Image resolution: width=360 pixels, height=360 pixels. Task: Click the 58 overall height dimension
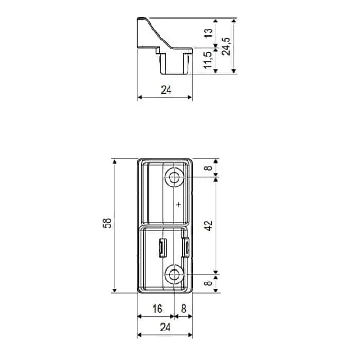[107, 224]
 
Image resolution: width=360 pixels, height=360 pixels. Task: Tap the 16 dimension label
[157, 309]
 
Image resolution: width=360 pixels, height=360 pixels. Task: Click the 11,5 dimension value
[208, 60]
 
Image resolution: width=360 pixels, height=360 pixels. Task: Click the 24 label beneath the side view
[165, 90]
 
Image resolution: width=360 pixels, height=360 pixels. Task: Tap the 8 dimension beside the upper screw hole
[208, 168]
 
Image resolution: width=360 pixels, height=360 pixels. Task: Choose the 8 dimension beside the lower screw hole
[208, 282]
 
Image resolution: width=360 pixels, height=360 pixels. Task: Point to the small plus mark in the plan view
[178, 205]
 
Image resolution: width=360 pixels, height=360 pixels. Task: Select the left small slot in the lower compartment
[162, 247]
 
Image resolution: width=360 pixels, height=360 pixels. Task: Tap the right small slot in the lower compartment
[187, 247]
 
